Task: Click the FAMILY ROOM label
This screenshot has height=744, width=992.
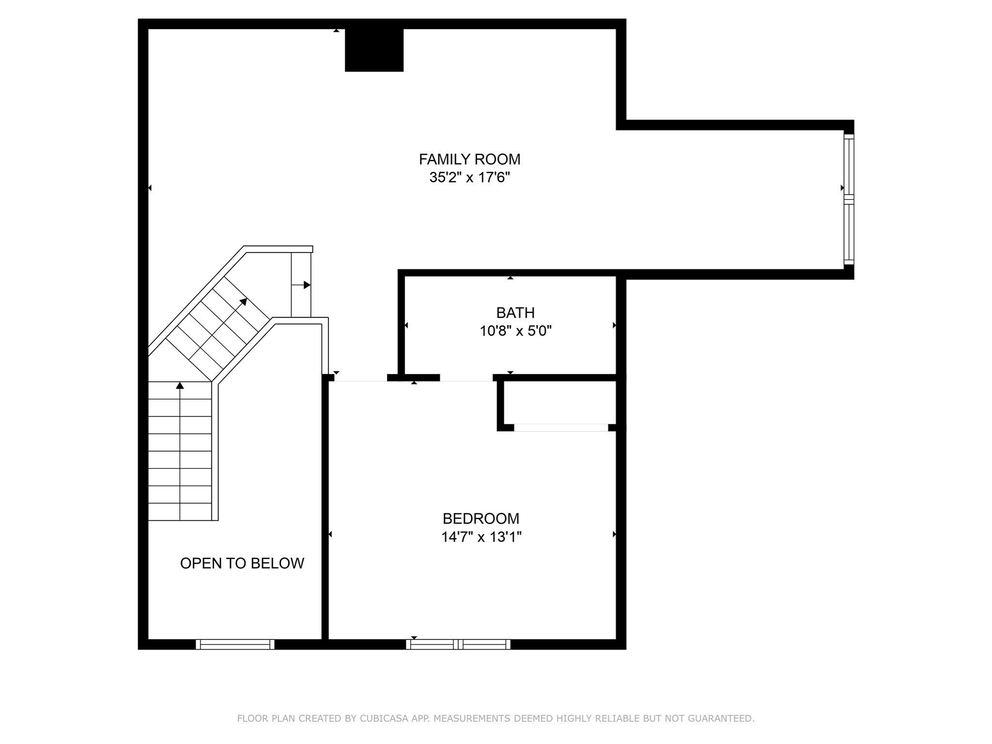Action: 469,159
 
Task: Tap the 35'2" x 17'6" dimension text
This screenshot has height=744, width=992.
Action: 469,178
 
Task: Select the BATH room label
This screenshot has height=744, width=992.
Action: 515,313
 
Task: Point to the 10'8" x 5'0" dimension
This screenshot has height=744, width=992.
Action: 515,331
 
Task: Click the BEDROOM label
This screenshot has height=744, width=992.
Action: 481,519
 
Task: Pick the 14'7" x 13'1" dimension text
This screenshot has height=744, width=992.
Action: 481,537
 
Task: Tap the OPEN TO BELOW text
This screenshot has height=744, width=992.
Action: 242,563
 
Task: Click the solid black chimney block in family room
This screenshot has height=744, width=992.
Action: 374,50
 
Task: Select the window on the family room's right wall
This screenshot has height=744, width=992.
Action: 849,199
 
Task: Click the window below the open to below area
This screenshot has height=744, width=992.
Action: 235,644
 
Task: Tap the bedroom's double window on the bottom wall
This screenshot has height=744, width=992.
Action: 458,644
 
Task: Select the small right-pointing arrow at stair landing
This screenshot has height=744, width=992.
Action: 301,285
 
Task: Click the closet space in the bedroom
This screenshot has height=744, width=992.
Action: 560,403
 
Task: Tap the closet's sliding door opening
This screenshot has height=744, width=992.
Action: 561,428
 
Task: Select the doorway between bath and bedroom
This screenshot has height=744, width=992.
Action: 466,378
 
